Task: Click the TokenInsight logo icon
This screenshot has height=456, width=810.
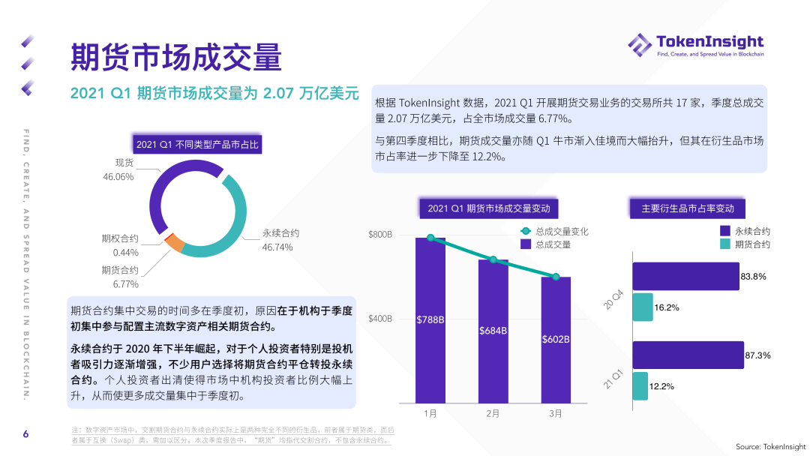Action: [x=640, y=44]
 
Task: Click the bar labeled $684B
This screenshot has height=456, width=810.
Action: [x=493, y=330]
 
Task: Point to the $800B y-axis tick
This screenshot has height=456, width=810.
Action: [x=380, y=235]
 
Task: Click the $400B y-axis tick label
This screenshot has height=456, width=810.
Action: [x=380, y=319]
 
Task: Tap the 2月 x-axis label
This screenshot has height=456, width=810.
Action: [x=493, y=413]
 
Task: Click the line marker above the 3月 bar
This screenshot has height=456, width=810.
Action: [x=556, y=277]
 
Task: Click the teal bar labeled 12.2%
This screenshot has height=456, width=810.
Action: [x=640, y=386]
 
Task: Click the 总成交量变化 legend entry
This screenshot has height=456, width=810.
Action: [x=555, y=231]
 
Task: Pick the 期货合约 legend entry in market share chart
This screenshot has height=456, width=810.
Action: [x=745, y=244]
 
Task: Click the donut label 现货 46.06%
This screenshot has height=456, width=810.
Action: [x=118, y=169]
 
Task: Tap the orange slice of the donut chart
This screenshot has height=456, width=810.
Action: [x=174, y=242]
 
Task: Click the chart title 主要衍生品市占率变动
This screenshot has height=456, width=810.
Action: [x=688, y=208]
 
